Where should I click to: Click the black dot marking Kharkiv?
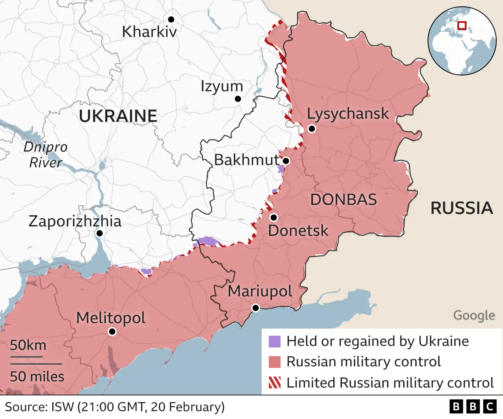point(171,19)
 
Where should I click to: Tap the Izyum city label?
point(222,86)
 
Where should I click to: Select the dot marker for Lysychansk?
point(312,129)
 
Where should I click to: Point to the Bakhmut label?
point(246,160)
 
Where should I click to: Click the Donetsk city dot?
point(274,217)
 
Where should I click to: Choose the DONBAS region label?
point(343,200)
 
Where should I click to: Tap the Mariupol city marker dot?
point(255,308)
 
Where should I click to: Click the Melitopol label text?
point(111,318)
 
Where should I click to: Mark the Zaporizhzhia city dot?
point(99,233)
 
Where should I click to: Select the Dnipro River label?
point(45,154)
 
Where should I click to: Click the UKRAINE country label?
point(118,116)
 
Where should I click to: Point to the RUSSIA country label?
point(462,208)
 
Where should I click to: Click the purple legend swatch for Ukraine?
point(275,342)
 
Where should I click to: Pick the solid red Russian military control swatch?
point(275,362)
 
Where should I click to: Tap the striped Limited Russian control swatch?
point(275,382)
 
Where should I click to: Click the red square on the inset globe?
point(462,26)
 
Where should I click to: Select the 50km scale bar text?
point(28,345)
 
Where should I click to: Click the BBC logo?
point(473,406)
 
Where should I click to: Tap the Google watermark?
point(474,315)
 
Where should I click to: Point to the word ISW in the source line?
point(62,407)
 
